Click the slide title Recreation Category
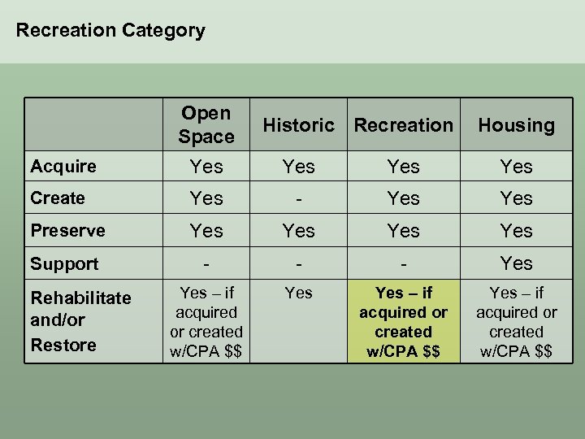click(110, 31)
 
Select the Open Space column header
click(206, 124)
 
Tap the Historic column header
click(298, 125)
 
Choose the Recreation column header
click(403, 125)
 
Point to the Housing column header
click(516, 125)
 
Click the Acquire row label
click(63, 167)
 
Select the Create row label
click(58, 198)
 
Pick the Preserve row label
click(67, 231)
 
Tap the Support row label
click(64, 263)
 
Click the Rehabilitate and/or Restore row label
click(80, 321)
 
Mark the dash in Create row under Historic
click(298, 198)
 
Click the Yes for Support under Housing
click(516, 263)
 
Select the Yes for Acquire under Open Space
click(206, 167)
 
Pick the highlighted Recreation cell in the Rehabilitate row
click(403, 321)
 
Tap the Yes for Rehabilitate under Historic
click(298, 293)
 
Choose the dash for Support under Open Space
click(206, 263)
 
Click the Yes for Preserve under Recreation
click(403, 231)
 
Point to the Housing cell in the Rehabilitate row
click(516, 321)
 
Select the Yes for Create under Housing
click(516, 198)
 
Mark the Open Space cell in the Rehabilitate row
click(206, 321)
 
